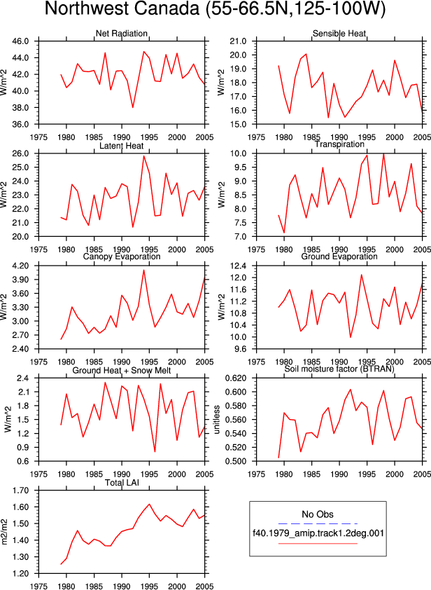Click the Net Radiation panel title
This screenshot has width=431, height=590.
click(x=122, y=34)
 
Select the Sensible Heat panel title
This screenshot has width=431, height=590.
click(x=339, y=34)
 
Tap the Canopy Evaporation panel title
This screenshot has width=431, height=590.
click(x=122, y=256)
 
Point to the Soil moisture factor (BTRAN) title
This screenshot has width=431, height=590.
click(x=339, y=369)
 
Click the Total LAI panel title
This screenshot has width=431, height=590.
click(x=122, y=482)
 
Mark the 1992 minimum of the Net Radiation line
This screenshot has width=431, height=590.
click(x=133, y=108)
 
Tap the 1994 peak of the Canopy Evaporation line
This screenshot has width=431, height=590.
click(x=143, y=270)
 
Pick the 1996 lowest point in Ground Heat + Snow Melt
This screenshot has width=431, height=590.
click(x=155, y=451)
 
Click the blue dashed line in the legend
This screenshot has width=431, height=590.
click(x=318, y=523)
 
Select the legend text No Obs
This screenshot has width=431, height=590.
click(x=318, y=514)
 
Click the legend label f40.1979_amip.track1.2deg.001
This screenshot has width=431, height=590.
click(x=318, y=533)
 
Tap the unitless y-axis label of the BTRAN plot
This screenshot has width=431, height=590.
click(x=217, y=420)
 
